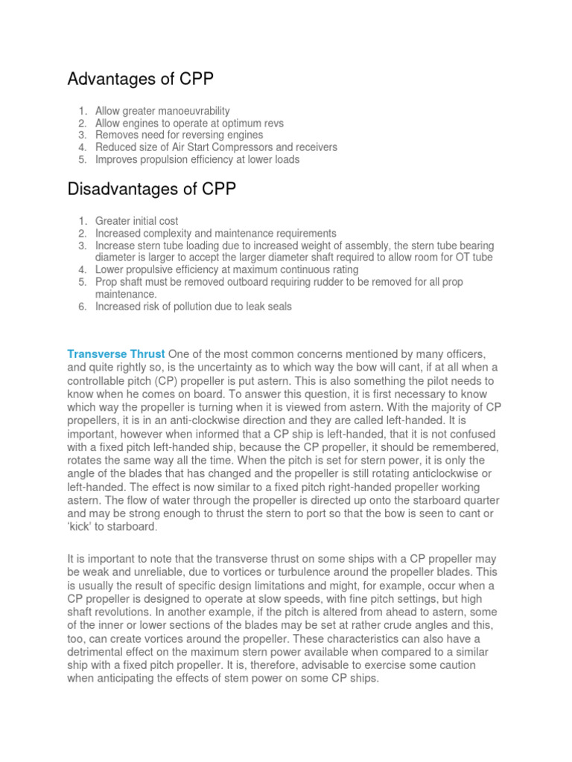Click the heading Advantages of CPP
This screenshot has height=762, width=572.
(x=141, y=79)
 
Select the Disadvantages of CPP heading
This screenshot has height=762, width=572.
(x=152, y=190)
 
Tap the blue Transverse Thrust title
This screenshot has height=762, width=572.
(x=115, y=353)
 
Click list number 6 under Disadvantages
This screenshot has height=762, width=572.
(x=83, y=307)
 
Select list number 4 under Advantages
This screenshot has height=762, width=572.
(x=83, y=147)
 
